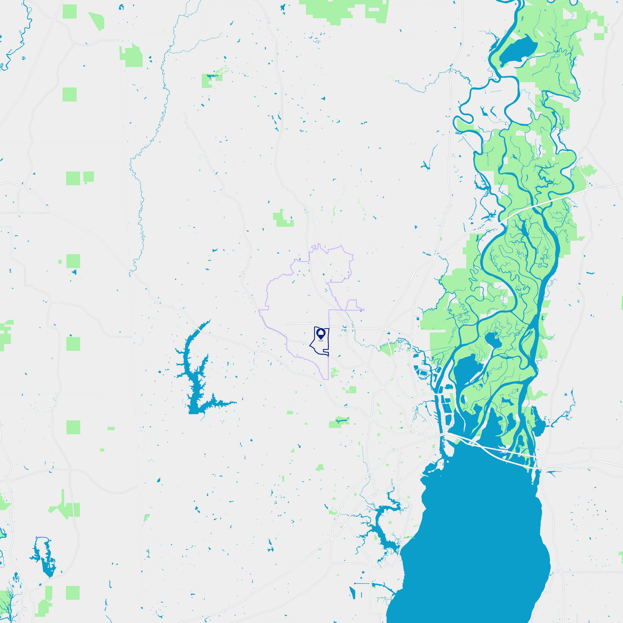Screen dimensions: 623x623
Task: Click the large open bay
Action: point(478,536)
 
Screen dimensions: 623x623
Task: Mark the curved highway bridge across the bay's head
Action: point(491,450)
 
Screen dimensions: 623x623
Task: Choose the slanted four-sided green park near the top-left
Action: point(97,21)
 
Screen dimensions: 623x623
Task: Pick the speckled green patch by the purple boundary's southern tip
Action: point(334,373)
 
